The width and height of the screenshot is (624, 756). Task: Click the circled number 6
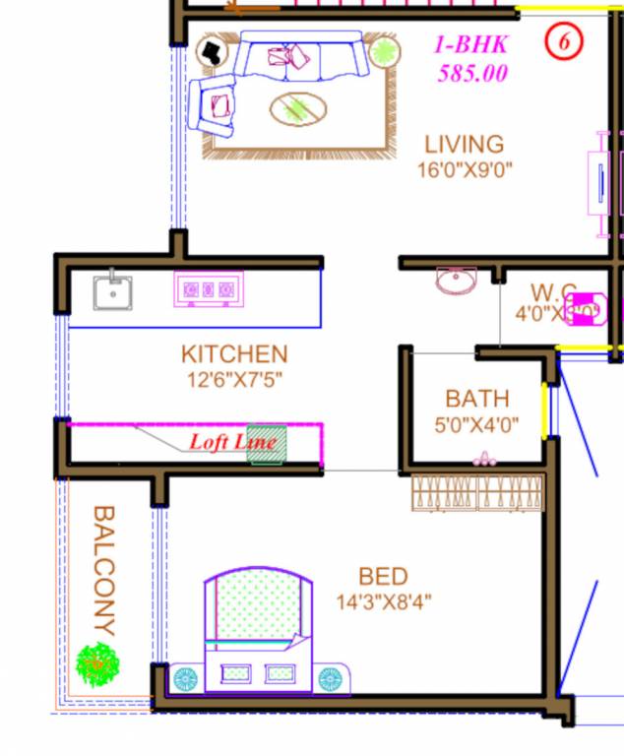[x=565, y=41]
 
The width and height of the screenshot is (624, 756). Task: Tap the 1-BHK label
[x=472, y=44]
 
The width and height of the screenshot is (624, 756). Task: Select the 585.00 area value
[x=472, y=73]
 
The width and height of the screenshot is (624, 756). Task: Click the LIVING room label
[x=464, y=145]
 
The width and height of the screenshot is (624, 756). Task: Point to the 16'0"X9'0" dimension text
[x=465, y=169]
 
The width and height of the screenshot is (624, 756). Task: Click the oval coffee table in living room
[x=297, y=107]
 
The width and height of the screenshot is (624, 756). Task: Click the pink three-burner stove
[x=209, y=289]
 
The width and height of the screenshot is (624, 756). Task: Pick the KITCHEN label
[x=234, y=353]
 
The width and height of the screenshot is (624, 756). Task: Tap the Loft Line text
[x=232, y=442]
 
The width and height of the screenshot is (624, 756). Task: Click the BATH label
[x=477, y=399]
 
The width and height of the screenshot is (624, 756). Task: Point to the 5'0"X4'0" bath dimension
[x=477, y=426]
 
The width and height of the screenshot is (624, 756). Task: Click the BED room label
[x=383, y=576]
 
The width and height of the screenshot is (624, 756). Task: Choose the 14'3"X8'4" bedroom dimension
[x=383, y=601]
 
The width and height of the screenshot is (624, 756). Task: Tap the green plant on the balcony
[x=97, y=664]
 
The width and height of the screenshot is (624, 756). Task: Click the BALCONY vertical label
[x=103, y=571]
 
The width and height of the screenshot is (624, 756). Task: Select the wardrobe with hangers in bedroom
[x=477, y=492]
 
